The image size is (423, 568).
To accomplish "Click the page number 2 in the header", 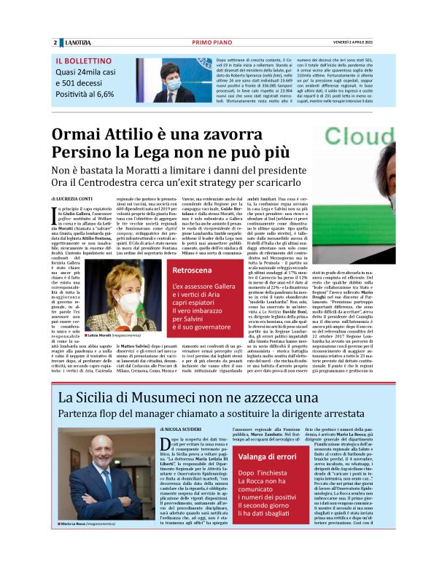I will click(x=55, y=42).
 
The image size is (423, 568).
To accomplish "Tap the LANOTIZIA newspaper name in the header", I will click(x=75, y=42).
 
